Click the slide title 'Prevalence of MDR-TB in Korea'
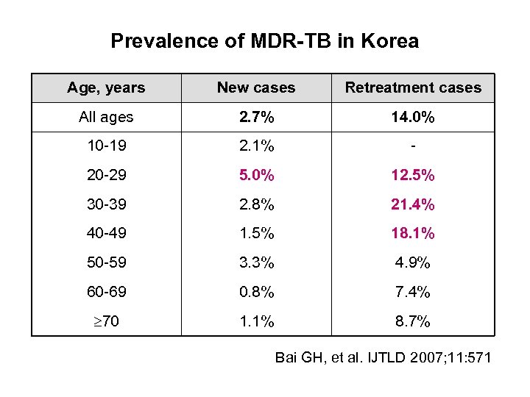(264, 40)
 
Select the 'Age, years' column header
(106, 87)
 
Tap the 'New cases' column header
(255, 87)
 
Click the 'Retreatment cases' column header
(412, 87)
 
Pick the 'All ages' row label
(106, 117)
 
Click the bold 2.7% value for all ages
(255, 117)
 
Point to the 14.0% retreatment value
(412, 117)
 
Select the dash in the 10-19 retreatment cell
(413, 146)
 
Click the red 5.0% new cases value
(255, 175)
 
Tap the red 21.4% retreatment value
(412, 204)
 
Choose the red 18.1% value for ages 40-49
(412, 234)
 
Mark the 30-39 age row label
(106, 204)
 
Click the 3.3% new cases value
(255, 262)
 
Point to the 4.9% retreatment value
(412, 262)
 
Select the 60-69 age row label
(106, 292)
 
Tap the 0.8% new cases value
(255, 292)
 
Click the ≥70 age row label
(106, 321)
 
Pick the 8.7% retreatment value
(412, 321)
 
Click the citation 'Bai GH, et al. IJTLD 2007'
(384, 358)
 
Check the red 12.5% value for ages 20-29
(412, 175)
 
